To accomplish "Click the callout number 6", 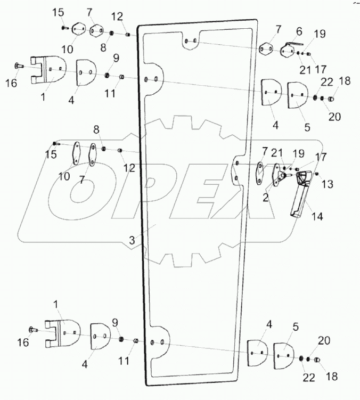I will (x=299, y=31).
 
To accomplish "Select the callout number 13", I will (x=327, y=184).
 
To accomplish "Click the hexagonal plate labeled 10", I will (x=78, y=28).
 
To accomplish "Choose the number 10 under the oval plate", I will (x=64, y=175).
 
